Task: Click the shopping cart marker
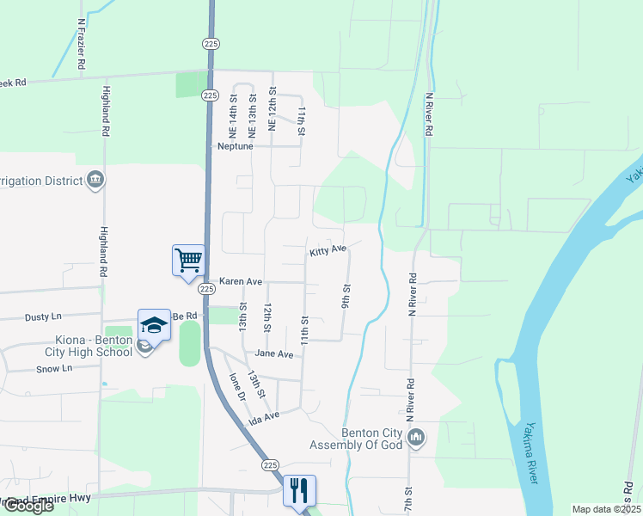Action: click(x=188, y=259)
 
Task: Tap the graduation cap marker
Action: click(x=154, y=324)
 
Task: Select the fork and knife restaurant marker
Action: click(x=299, y=490)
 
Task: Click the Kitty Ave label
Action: click(x=327, y=250)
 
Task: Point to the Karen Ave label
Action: click(x=240, y=281)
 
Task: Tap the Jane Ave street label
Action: click(x=274, y=353)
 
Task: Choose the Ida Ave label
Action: click(x=264, y=418)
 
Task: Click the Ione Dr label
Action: click(x=237, y=388)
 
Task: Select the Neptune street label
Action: click(x=235, y=146)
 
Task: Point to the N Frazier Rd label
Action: click(x=80, y=45)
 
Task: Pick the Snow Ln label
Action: click(x=54, y=368)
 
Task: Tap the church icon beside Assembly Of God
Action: click(x=417, y=438)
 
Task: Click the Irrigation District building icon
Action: click(x=95, y=180)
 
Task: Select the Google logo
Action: click(x=28, y=506)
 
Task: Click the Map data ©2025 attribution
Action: click(x=607, y=509)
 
